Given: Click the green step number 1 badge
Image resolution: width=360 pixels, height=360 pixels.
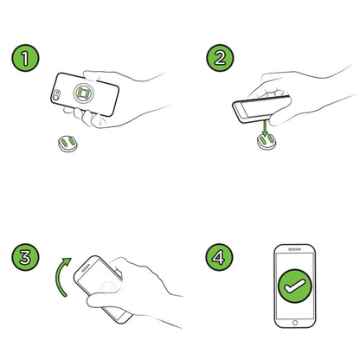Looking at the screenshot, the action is point(25,58).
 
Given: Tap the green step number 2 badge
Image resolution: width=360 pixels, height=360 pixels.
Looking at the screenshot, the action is point(220,58).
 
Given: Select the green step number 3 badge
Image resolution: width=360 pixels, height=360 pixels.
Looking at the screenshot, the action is point(25,257).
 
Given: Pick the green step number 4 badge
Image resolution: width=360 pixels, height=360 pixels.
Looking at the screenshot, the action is point(219,257).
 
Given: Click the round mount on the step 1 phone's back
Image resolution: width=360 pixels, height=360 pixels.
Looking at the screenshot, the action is point(83,93).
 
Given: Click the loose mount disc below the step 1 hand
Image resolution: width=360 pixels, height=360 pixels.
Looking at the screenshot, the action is point(68,144).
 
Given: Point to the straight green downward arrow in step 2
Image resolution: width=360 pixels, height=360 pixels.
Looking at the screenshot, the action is point(266,128).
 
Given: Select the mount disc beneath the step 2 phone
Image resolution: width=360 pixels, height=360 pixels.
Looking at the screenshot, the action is point(266,142).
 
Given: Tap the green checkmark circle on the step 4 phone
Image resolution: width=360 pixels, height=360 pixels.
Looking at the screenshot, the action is point(295,286).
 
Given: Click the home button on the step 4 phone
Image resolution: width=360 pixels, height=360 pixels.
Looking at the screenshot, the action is point(295,323).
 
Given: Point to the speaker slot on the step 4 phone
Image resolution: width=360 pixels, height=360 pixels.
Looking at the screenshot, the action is point(294,249).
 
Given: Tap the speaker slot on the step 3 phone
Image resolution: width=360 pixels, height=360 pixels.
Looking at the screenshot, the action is point(86,269).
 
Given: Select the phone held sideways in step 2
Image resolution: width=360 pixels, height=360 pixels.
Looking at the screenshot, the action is point(261,109).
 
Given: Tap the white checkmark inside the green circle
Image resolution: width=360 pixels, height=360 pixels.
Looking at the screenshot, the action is point(295,286).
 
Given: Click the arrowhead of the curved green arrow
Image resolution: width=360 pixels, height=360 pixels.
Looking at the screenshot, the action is point(67,261).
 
